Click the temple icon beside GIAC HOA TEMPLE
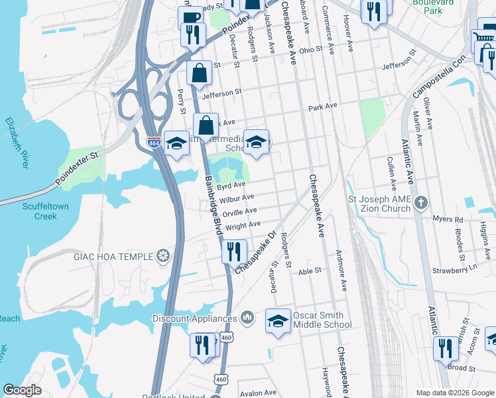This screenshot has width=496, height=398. pos(163,256)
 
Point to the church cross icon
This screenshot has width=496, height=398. pos(420,202)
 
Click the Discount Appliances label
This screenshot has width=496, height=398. pos(194,318)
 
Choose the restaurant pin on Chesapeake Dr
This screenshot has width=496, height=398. pos(234,251)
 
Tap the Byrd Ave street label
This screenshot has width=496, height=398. pos(231,186)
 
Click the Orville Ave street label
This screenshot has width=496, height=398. pos(239,212)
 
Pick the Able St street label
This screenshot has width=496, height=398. pos(310,271)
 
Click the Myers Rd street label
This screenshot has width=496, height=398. pos(448,219)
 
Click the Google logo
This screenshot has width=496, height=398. pos(22,390)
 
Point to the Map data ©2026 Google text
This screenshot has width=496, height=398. pos(454,393)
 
